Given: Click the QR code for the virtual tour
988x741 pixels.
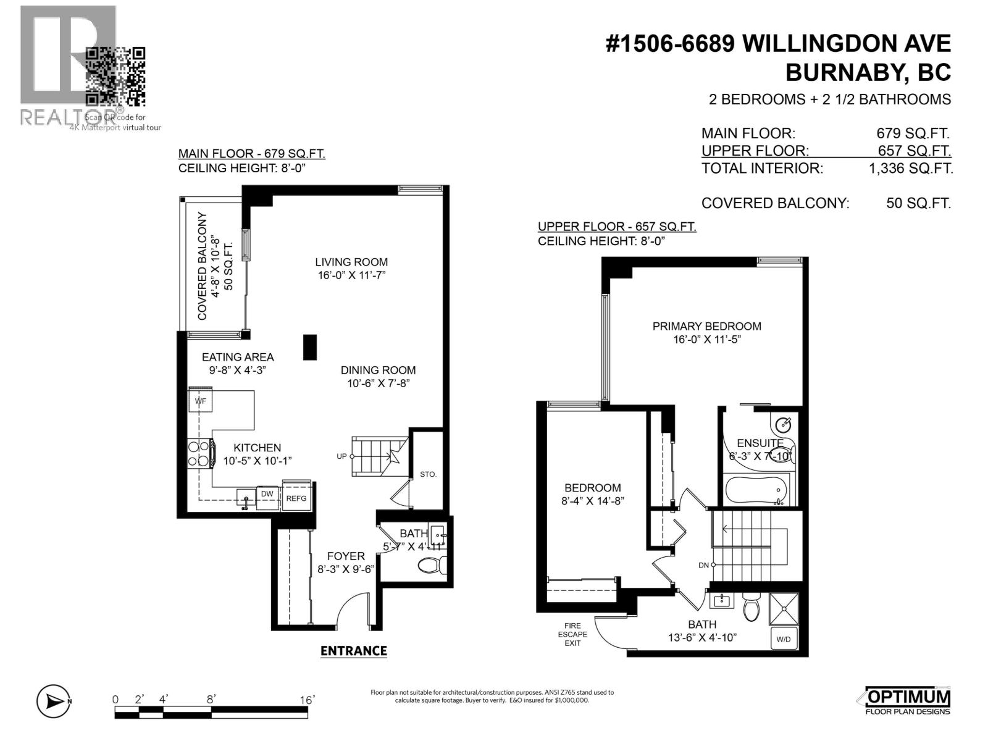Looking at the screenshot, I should tap(115, 77).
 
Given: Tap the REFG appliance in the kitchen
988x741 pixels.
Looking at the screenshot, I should tap(296, 498).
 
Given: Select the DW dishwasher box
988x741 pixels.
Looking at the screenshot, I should tap(267, 494).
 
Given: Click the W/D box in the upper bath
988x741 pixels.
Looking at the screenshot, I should tap(783, 639).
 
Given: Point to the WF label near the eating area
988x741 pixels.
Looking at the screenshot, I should tap(200, 401).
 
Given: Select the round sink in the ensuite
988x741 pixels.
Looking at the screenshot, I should tap(784, 425).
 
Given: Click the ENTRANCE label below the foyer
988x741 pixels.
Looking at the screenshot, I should tap(353, 651).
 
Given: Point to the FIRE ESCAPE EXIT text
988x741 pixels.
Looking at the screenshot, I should tap(572, 634).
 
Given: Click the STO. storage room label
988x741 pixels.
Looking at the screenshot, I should tap(428, 474).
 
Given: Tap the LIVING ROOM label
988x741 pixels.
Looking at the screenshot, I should tap(351, 262).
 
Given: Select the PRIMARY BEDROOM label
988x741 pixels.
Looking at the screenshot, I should tap(706, 326).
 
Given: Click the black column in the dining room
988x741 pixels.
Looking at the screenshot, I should tap(309, 347).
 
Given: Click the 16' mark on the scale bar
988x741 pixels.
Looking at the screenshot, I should tap(307, 700).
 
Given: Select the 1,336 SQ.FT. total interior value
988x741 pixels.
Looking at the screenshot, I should tap(910, 168).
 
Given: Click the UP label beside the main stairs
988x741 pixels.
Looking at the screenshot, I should tap(341, 456).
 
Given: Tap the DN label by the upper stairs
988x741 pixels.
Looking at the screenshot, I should tap(703, 565).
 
